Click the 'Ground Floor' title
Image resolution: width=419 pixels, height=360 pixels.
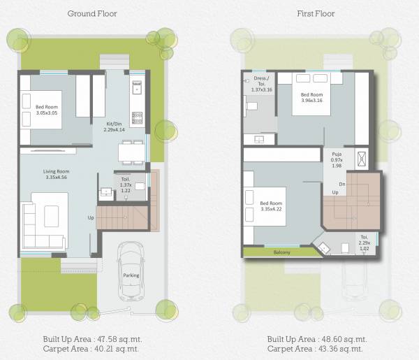coord(92,13)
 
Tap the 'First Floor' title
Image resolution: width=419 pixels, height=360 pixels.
coord(315,13)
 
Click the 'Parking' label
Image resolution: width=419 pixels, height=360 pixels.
coord(131,275)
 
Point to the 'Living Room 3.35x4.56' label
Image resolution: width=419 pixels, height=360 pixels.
coord(54,174)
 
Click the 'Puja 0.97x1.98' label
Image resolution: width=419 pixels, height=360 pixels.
coord(337,159)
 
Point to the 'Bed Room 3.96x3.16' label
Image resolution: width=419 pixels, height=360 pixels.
coord(311,97)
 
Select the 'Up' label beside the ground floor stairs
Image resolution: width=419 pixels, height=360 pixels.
coord(90,217)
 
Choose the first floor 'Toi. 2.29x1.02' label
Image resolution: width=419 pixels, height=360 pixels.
coord(365,242)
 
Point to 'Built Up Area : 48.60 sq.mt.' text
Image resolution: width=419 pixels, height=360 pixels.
coord(315,338)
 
